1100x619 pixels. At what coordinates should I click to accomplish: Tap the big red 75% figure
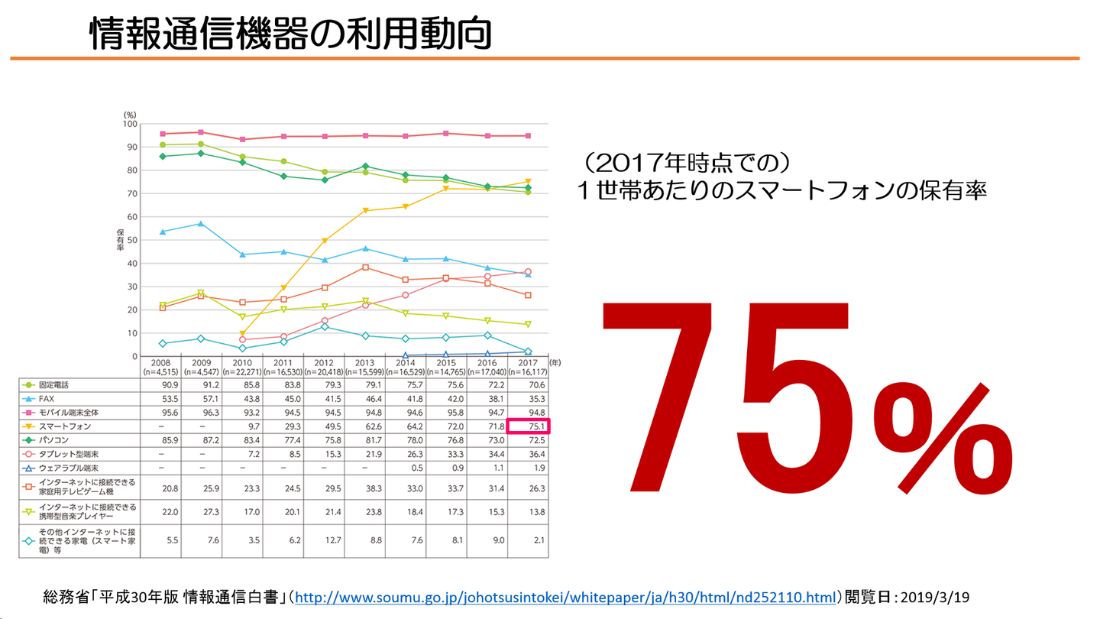[806, 397]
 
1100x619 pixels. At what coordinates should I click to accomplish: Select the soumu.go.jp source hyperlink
[565, 596]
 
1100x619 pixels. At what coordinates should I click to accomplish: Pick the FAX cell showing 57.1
[202, 398]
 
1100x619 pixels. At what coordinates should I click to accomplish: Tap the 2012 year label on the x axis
[324, 362]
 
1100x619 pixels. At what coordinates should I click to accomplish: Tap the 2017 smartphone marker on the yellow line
[528, 182]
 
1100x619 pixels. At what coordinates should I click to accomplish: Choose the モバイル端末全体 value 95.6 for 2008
[160, 413]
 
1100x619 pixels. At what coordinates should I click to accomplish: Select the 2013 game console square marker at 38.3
[365, 267]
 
